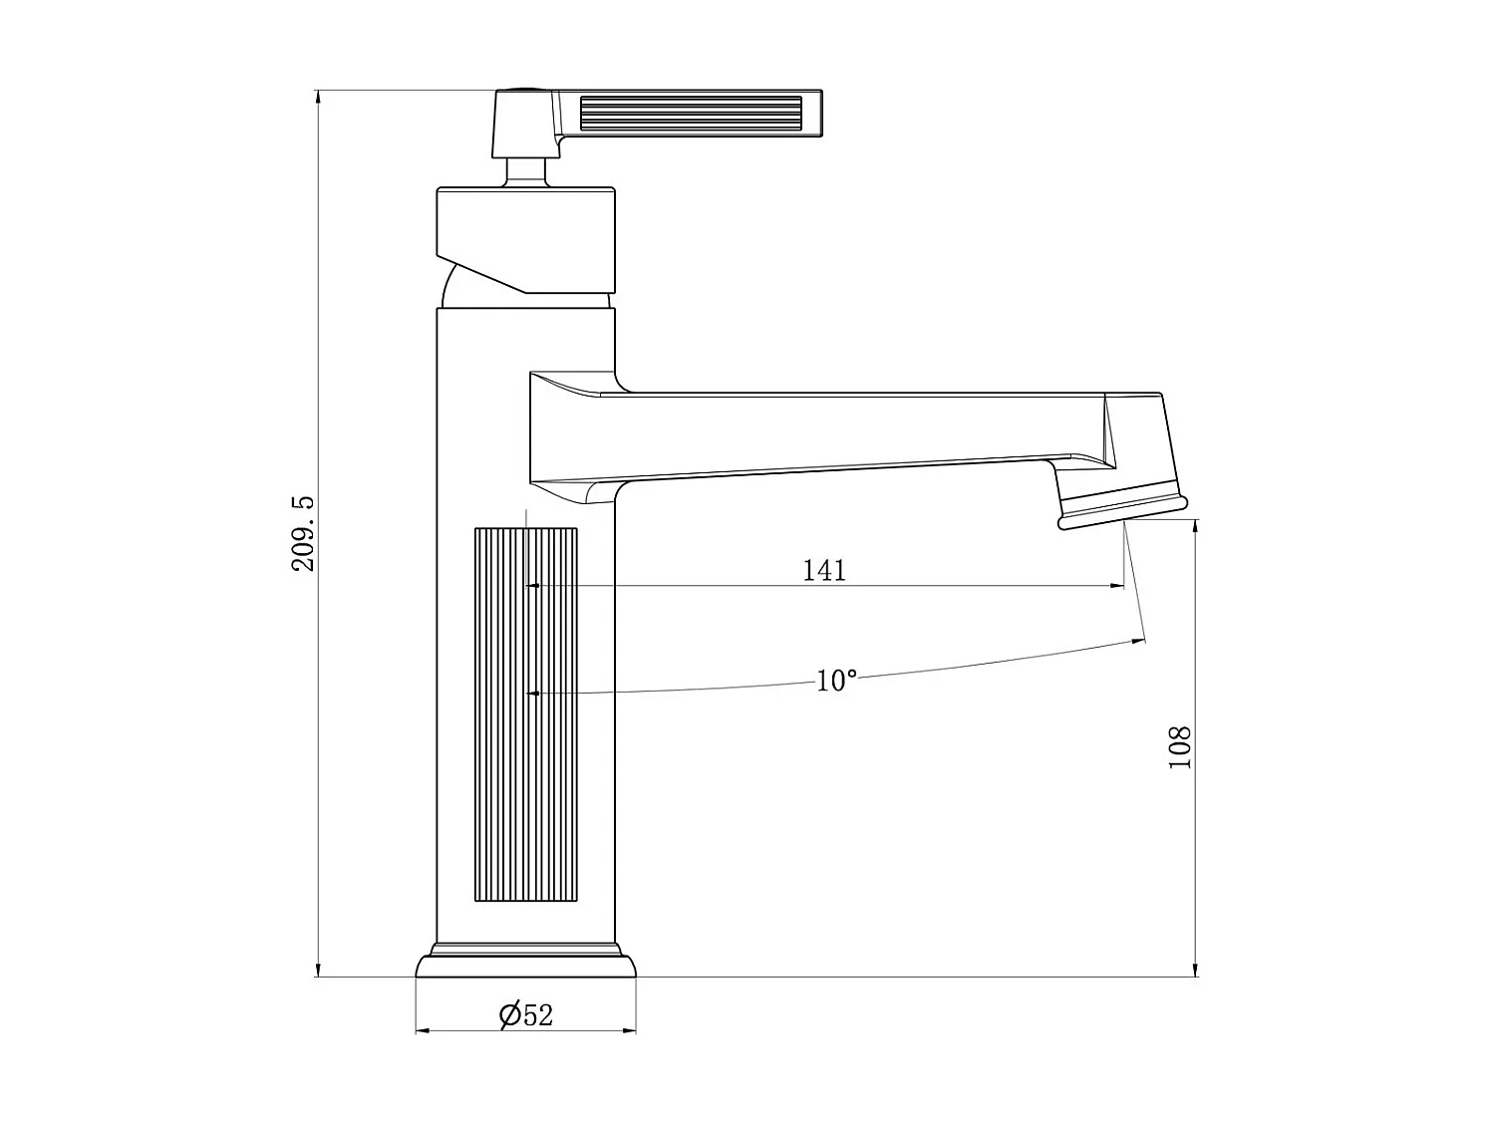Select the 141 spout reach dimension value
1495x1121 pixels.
pos(824,570)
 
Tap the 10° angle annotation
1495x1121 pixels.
pos(836,681)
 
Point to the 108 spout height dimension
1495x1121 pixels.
pos(1179,746)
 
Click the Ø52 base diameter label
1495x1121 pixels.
pos(526,1014)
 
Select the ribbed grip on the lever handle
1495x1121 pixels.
pos(691,114)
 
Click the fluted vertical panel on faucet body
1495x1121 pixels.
pos(525,714)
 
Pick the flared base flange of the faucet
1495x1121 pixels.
pos(525,966)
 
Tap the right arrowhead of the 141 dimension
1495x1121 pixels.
pos(1118,586)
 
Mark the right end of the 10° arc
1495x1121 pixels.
pos(1142,640)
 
